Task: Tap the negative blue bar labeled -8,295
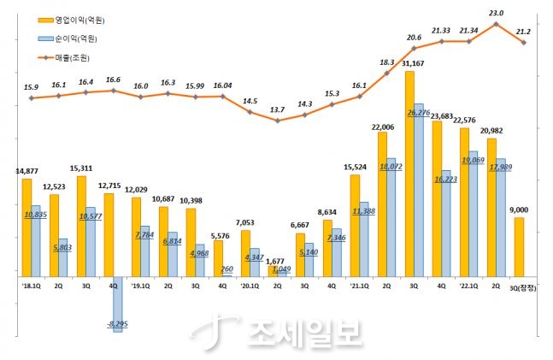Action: (118, 304)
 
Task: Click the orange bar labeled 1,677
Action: (274, 270)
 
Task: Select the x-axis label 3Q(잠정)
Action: (521, 288)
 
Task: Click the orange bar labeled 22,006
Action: (382, 204)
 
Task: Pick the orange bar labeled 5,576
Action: (218, 257)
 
